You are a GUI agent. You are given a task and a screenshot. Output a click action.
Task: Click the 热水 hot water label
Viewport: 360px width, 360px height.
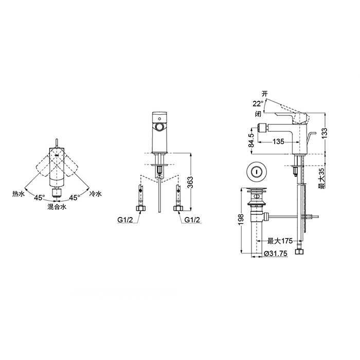pos(19,194)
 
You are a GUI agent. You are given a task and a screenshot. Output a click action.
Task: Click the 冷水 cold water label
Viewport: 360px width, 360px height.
pos(96,194)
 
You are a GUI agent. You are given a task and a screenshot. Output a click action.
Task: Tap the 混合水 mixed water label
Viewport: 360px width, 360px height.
pos(57,207)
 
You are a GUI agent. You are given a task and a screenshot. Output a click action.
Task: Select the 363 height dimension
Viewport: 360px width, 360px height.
pos(190,182)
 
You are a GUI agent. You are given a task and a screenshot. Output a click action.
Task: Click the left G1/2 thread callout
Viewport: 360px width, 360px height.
pos(125,220)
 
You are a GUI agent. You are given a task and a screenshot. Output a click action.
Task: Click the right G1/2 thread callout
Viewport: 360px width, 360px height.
pos(192,220)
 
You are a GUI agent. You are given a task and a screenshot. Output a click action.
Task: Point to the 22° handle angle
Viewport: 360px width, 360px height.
pos(258,104)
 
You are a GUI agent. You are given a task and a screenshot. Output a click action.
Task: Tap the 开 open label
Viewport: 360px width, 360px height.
pos(265,94)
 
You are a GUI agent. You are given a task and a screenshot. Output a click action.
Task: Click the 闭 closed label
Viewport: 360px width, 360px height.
pos(258,114)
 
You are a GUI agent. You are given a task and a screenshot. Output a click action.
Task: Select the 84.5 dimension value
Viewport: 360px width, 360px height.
pos(251,140)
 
